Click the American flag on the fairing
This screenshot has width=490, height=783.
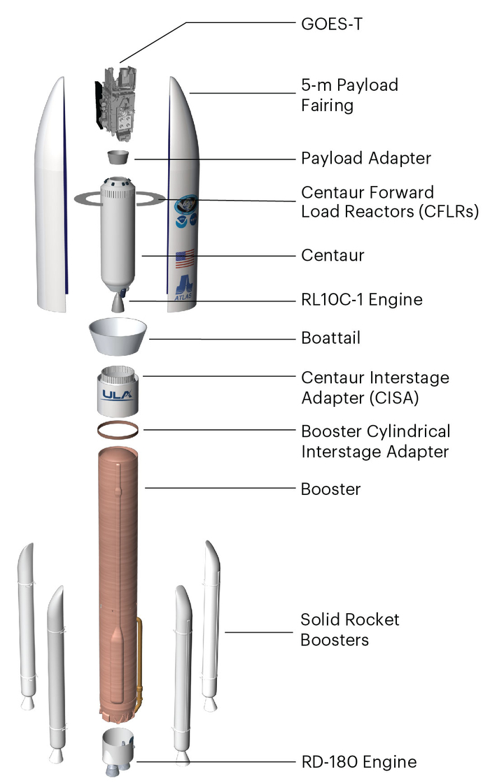(184, 260)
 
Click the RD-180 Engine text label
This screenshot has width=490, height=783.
(358, 761)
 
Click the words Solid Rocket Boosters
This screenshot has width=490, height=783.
(349, 629)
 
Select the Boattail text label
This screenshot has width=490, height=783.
(330, 338)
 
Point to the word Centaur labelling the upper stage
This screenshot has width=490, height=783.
(332, 255)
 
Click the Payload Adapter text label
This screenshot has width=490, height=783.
(366, 159)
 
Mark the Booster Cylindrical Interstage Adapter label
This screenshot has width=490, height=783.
(375, 440)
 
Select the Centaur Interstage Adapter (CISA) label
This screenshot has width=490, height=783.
(374, 387)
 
